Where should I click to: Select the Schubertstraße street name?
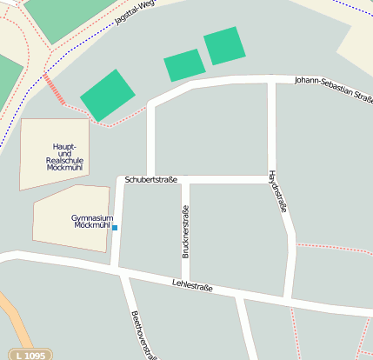tap(151, 180)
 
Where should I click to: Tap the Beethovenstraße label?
tap(143, 335)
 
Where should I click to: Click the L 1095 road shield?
tap(30, 355)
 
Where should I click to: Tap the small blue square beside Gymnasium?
tap(115, 228)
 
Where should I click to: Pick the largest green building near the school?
tap(109, 96)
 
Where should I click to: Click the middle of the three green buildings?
tap(184, 65)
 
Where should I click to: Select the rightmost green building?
tap(225, 45)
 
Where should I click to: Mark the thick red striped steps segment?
tap(54, 90)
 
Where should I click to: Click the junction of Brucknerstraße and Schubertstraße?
tap(185, 180)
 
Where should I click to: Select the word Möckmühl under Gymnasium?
tap(93, 225)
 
